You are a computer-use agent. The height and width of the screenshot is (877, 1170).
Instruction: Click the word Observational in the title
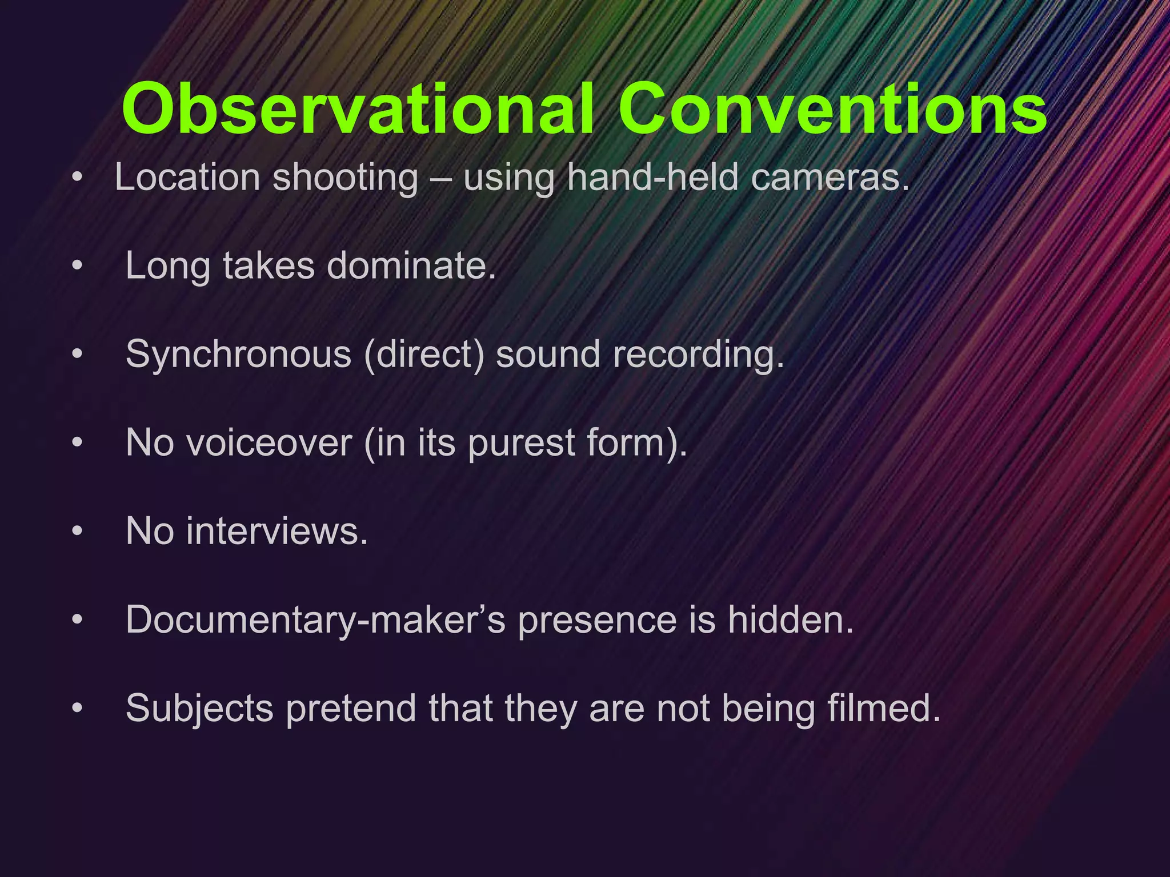coord(358,108)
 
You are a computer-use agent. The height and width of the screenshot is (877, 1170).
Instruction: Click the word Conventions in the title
coord(832,108)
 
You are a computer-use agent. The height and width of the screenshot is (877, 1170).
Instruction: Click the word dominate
coord(411,265)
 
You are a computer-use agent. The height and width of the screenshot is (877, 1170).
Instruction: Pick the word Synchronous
coord(238,354)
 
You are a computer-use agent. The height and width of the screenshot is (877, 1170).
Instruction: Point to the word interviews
coord(277,531)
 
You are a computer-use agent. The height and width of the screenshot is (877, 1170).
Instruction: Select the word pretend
coord(350,709)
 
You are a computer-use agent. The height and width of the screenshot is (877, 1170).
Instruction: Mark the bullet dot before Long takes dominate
coord(78,266)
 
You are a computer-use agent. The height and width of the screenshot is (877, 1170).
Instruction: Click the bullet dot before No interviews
coord(78,532)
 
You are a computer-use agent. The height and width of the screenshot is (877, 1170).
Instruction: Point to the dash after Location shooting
coord(440,179)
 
